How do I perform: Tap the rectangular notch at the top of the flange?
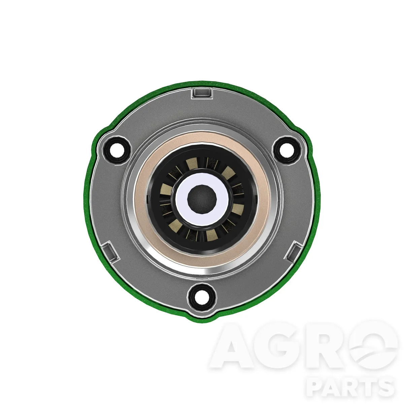point(202,93)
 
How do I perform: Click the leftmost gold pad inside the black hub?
point(166,190)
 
